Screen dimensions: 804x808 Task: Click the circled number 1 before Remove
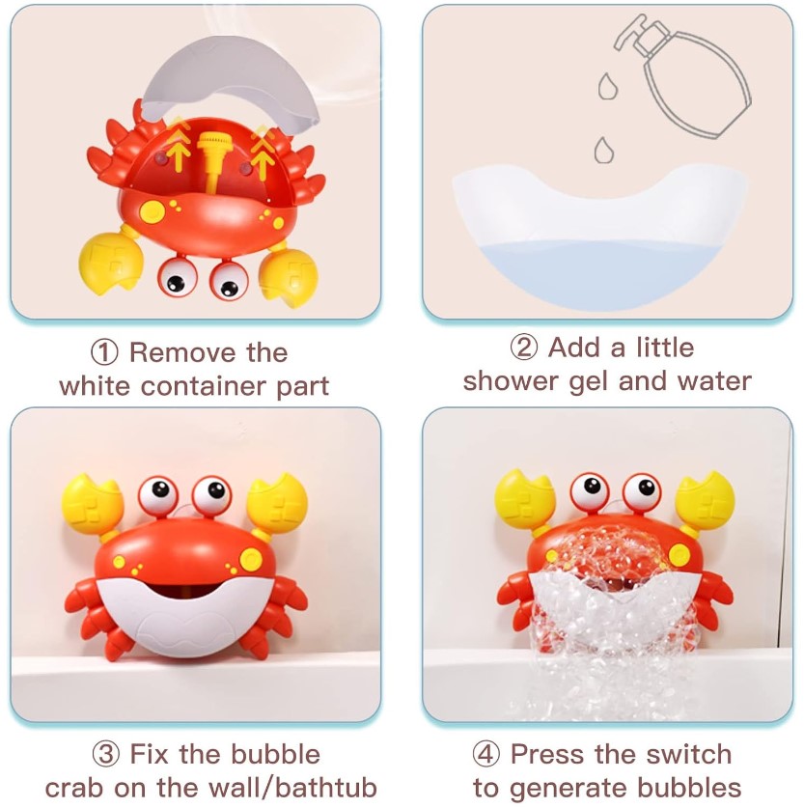[104, 353]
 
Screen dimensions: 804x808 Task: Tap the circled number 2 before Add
[524, 348]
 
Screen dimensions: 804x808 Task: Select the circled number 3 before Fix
[105, 755]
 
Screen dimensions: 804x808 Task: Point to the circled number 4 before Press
[486, 755]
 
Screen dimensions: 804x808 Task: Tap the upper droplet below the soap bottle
[608, 86]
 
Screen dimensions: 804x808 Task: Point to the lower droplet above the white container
[603, 150]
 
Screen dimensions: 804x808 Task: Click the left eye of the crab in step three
[158, 495]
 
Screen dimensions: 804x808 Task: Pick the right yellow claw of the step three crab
[277, 504]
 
